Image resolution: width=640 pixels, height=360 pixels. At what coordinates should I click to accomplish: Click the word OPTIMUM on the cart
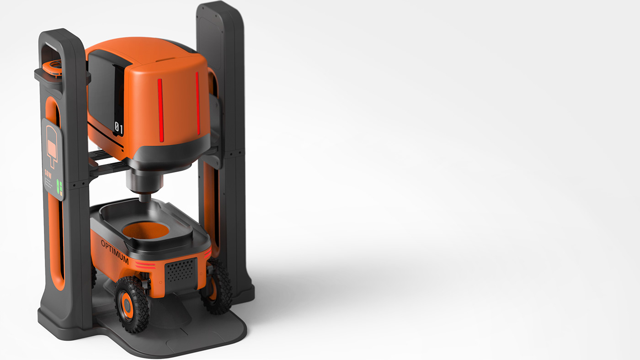[x=114, y=252]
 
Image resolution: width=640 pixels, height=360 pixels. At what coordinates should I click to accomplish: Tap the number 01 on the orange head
[x=118, y=129]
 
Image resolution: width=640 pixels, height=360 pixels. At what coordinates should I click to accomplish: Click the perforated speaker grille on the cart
[x=181, y=270]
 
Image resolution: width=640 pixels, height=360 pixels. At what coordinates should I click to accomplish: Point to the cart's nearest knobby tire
[x=131, y=304]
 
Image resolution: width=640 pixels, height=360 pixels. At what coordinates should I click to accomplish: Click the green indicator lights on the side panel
[x=59, y=188]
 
